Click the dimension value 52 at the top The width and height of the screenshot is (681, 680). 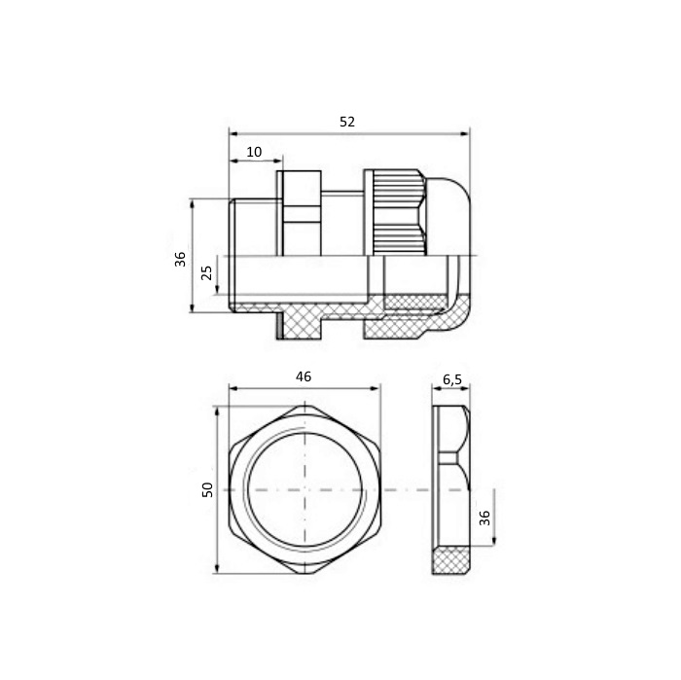tap(347, 122)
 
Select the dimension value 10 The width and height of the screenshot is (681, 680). tap(254, 152)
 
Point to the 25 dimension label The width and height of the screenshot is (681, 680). tap(207, 272)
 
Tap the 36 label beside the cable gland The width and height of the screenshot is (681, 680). tap(180, 259)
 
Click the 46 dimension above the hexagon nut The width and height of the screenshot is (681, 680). tap(304, 376)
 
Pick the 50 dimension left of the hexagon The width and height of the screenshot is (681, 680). tap(208, 489)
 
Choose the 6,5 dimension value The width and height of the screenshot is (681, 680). tap(452, 380)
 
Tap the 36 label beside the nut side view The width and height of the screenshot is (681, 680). tap(484, 518)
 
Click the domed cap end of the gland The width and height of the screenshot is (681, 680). tap(448, 216)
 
